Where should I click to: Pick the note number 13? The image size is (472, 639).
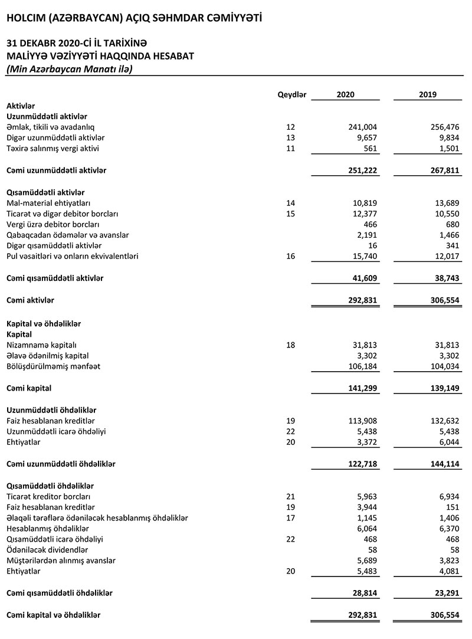click(x=290, y=137)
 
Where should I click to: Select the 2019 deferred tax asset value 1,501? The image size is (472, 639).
click(x=448, y=148)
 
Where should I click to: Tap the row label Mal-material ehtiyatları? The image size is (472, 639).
click(x=45, y=203)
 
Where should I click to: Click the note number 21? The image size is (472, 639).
click(x=290, y=497)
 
